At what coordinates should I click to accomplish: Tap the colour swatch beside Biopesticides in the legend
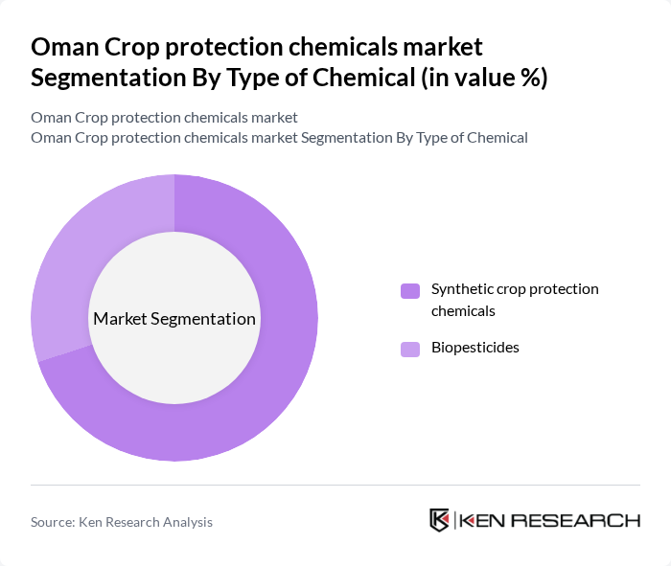[x=410, y=349]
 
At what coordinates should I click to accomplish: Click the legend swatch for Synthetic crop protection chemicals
[x=410, y=290]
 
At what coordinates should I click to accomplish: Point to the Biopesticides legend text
[x=474, y=348]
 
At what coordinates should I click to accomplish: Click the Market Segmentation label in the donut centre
[x=174, y=319]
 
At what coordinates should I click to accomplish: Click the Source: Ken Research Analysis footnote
[x=122, y=522]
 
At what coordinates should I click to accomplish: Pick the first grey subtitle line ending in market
[x=164, y=118]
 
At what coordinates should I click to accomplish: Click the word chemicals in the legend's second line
[x=463, y=310]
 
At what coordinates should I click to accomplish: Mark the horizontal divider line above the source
[x=335, y=485]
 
